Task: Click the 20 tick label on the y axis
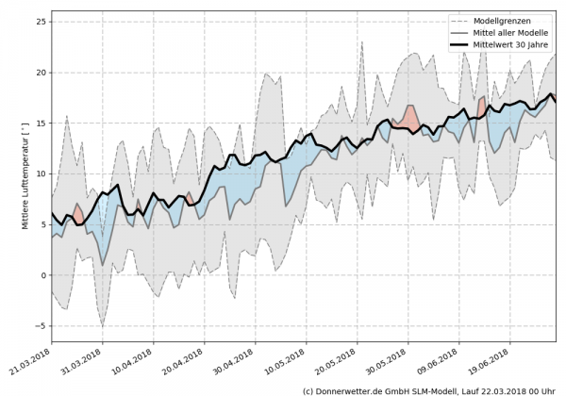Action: point(40,73)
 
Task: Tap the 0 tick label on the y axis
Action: point(42,275)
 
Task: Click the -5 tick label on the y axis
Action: point(41,326)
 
